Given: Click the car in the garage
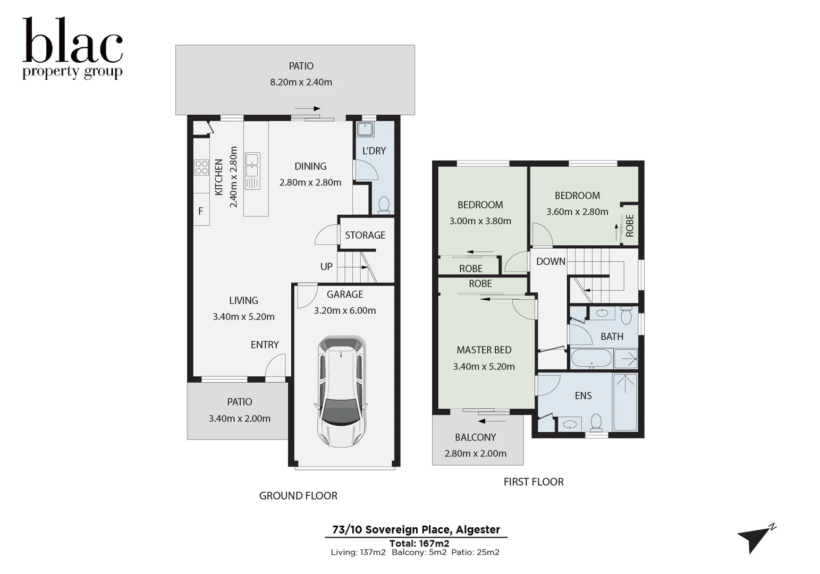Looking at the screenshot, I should coord(342,392).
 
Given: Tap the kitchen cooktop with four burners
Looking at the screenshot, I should coord(201,167).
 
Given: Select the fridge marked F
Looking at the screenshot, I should coord(201,211).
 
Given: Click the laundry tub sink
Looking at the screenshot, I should coord(365,129).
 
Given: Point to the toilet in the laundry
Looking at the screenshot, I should coord(383,205).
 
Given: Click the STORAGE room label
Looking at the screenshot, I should coord(365,235).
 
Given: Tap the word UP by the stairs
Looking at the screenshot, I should coord(326,266).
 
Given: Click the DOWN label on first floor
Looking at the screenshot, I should coord(551,261).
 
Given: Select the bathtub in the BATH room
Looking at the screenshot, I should coord(591,359).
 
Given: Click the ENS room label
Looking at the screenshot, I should coord(583,395).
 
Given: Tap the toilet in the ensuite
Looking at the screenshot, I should coord(596,422).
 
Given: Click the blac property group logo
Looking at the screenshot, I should coord(73,48).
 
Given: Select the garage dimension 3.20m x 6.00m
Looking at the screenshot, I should coord(344,310).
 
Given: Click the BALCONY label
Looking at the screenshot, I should coord(475,437).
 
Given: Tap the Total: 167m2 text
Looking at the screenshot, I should coord(419,543).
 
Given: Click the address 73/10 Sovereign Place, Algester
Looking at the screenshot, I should coord(416,529).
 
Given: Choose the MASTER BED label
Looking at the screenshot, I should coord(484,350).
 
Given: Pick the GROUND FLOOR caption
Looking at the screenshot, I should coord(298,495).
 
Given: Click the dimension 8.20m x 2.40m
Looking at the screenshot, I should coord(301,82).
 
